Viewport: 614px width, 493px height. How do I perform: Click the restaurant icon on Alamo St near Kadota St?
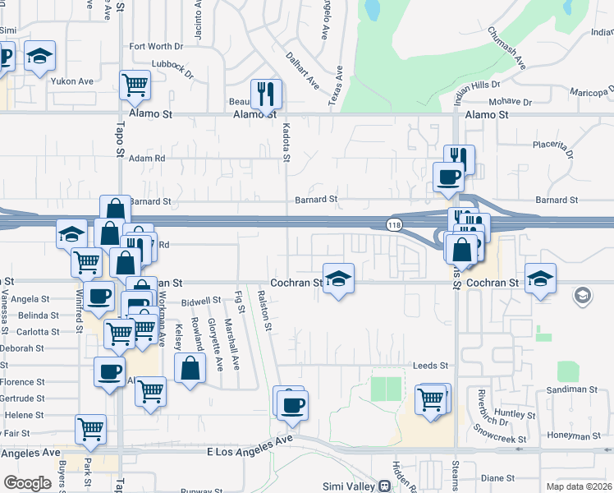click(x=265, y=94)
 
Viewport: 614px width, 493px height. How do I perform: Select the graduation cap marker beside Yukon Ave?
click(x=39, y=56)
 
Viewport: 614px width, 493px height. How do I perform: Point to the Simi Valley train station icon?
click(x=383, y=486)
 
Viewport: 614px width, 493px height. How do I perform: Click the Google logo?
click(x=27, y=483)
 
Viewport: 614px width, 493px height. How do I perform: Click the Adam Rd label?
click(x=147, y=158)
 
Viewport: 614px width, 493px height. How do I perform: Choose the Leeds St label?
click(x=432, y=366)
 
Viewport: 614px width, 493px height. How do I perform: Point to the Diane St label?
click(x=497, y=477)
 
